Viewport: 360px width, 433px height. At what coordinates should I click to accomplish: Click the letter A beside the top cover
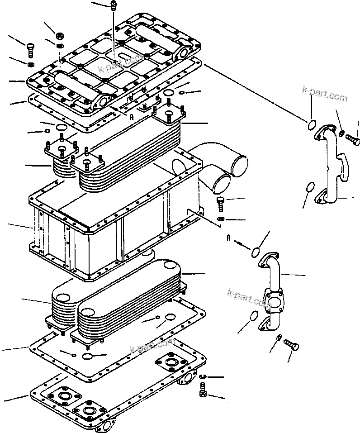(132, 116)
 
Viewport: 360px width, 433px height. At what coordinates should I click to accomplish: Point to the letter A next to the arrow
(229, 239)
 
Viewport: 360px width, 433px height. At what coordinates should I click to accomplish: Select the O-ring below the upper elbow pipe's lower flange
(310, 186)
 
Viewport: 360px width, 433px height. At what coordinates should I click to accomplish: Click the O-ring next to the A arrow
(256, 251)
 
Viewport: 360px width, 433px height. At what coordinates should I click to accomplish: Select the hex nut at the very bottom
(203, 394)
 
